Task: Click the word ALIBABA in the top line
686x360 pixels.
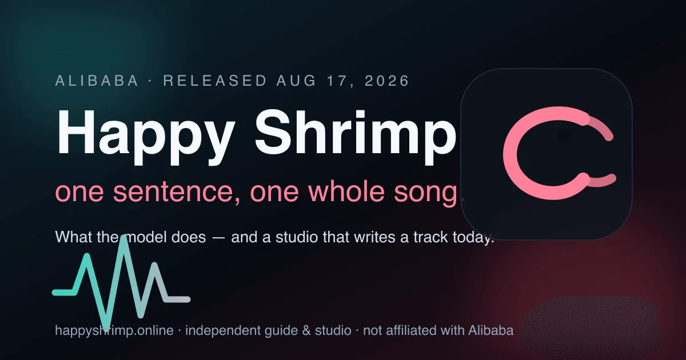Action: pyautogui.click(x=97, y=81)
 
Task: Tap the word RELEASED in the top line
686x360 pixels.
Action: pyautogui.click(x=215, y=81)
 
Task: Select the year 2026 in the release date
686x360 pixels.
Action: pyautogui.click(x=387, y=81)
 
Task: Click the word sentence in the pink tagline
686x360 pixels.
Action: pyautogui.click(x=177, y=193)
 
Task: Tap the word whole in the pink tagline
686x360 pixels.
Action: pyautogui.click(x=346, y=192)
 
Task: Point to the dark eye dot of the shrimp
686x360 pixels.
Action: pyautogui.click(x=565, y=136)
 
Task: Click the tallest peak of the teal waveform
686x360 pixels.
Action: pyautogui.click(x=123, y=238)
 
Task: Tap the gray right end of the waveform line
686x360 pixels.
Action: pyautogui.click(x=187, y=299)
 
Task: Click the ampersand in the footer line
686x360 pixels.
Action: pyautogui.click(x=306, y=331)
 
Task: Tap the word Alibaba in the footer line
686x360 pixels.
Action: pyautogui.click(x=490, y=331)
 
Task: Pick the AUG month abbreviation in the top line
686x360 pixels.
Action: pyautogui.click(x=297, y=81)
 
